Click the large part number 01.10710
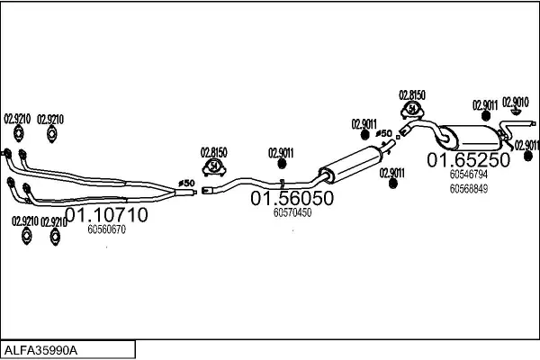pyautogui.click(x=106, y=214)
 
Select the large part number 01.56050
pyautogui.click(x=292, y=198)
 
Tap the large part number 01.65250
pyautogui.click(x=468, y=160)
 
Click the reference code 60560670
pyautogui.click(x=106, y=229)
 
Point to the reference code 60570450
pyautogui.click(x=292, y=212)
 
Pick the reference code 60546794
pyautogui.click(x=469, y=175)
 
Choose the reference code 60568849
pyautogui.click(x=469, y=189)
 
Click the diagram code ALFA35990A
pyautogui.click(x=40, y=351)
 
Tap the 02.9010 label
pyautogui.click(x=516, y=103)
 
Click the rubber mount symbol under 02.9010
pyautogui.click(x=516, y=112)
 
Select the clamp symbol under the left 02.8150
pyautogui.click(x=214, y=167)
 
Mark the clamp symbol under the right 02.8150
pyautogui.click(x=412, y=110)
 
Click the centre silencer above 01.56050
pyautogui.click(x=351, y=165)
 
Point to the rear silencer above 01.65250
pyautogui.click(x=469, y=138)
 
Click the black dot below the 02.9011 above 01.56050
pyautogui.click(x=282, y=164)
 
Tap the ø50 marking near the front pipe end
pyautogui.click(x=186, y=184)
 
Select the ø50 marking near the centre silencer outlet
pyautogui.click(x=383, y=133)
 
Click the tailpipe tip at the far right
pyautogui.click(x=534, y=123)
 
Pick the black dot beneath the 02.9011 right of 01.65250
pyautogui.click(x=528, y=157)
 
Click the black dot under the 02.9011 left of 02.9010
pyautogui.click(x=486, y=116)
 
